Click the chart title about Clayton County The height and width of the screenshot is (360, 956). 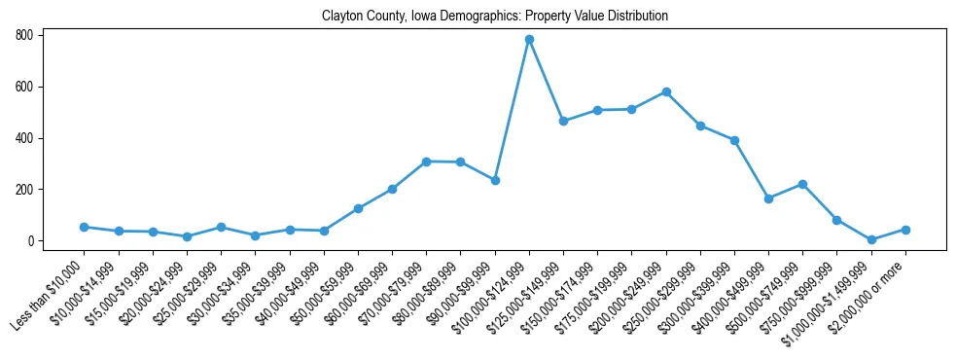494,17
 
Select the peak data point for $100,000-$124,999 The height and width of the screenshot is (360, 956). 529,40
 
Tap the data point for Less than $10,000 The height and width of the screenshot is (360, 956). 84,227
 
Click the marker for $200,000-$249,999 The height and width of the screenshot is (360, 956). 666,91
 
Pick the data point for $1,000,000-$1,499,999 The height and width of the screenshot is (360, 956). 871,239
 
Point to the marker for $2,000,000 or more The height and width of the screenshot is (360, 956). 905,230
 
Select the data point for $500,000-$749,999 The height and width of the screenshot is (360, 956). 802,184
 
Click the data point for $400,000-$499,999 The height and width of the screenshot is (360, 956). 768,198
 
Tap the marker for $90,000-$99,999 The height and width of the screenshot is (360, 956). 495,180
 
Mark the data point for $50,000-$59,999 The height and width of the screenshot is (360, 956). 358,208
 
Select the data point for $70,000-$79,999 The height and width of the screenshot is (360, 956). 426,162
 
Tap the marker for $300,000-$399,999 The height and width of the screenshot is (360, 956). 734,140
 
